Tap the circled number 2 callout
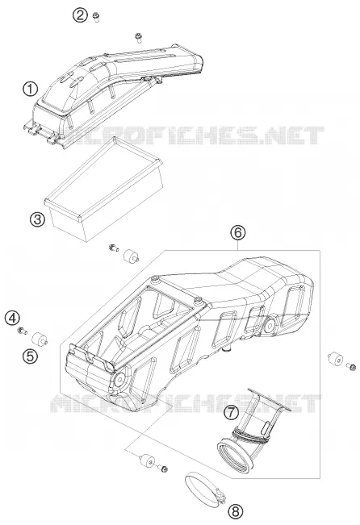point(80,15)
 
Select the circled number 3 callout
point(37,219)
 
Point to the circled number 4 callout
point(12,318)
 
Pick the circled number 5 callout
point(30,356)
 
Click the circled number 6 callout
point(237,233)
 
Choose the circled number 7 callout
point(232,412)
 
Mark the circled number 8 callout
point(236,511)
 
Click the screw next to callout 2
point(96,17)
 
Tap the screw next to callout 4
point(23,331)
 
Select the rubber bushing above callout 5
point(40,340)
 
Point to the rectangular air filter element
point(104,190)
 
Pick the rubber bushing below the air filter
point(131,256)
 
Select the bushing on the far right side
point(335,359)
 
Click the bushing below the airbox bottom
point(147,460)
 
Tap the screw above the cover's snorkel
point(138,37)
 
